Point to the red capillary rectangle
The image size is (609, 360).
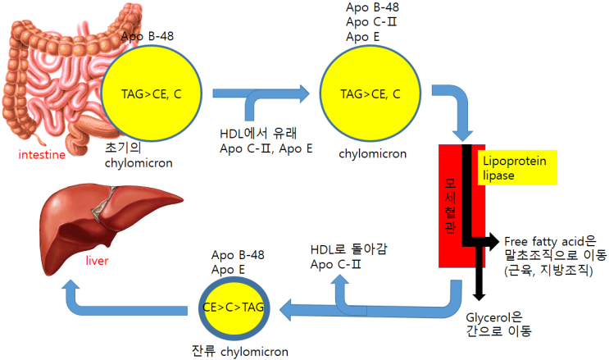tap(448, 204)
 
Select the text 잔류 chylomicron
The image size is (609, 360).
tap(239, 351)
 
